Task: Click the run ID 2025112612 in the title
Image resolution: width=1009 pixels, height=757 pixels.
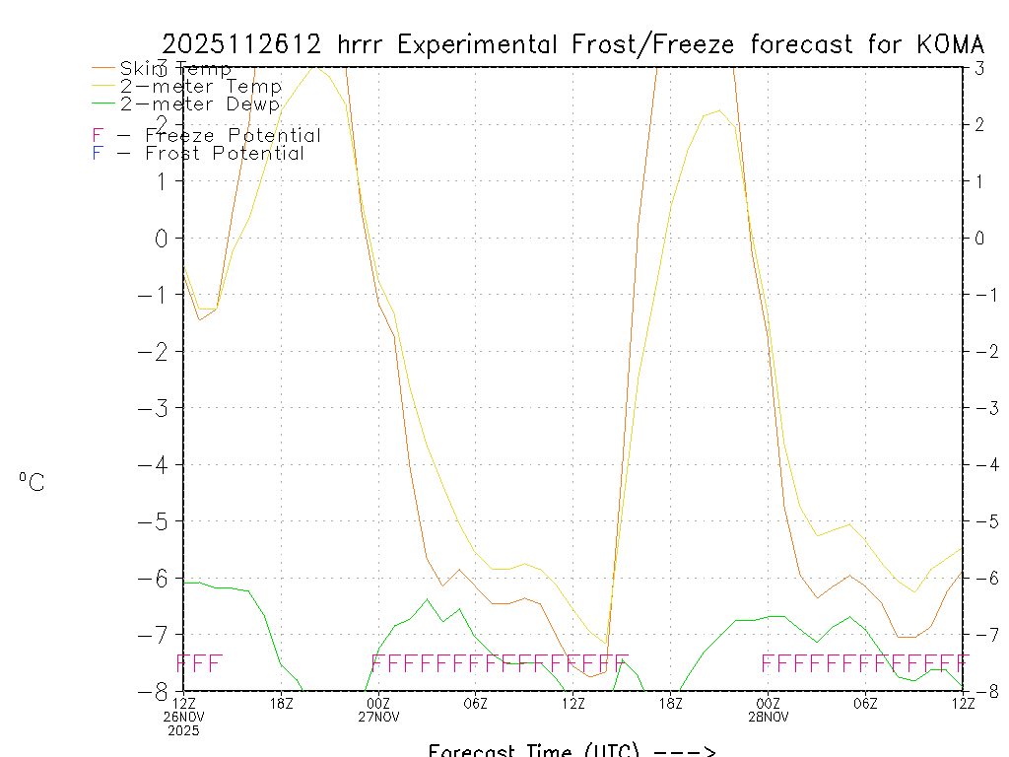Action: click(242, 44)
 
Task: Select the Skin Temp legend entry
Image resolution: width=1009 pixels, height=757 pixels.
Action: click(175, 69)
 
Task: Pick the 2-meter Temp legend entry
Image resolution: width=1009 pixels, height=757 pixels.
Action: click(200, 87)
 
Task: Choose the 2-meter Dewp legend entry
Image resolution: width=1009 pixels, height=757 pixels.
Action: click(200, 103)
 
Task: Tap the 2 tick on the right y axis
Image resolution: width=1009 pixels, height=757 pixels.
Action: click(979, 124)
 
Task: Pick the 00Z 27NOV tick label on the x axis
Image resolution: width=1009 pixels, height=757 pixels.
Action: click(379, 709)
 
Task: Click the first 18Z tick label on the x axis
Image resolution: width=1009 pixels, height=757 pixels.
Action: click(282, 703)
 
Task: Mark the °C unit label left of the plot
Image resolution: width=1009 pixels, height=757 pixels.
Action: click(32, 482)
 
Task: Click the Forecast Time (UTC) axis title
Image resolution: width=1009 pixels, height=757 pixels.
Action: click(572, 750)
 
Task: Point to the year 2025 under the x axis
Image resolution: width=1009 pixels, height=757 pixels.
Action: click(182, 731)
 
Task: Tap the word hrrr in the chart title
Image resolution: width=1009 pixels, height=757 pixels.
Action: click(364, 44)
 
